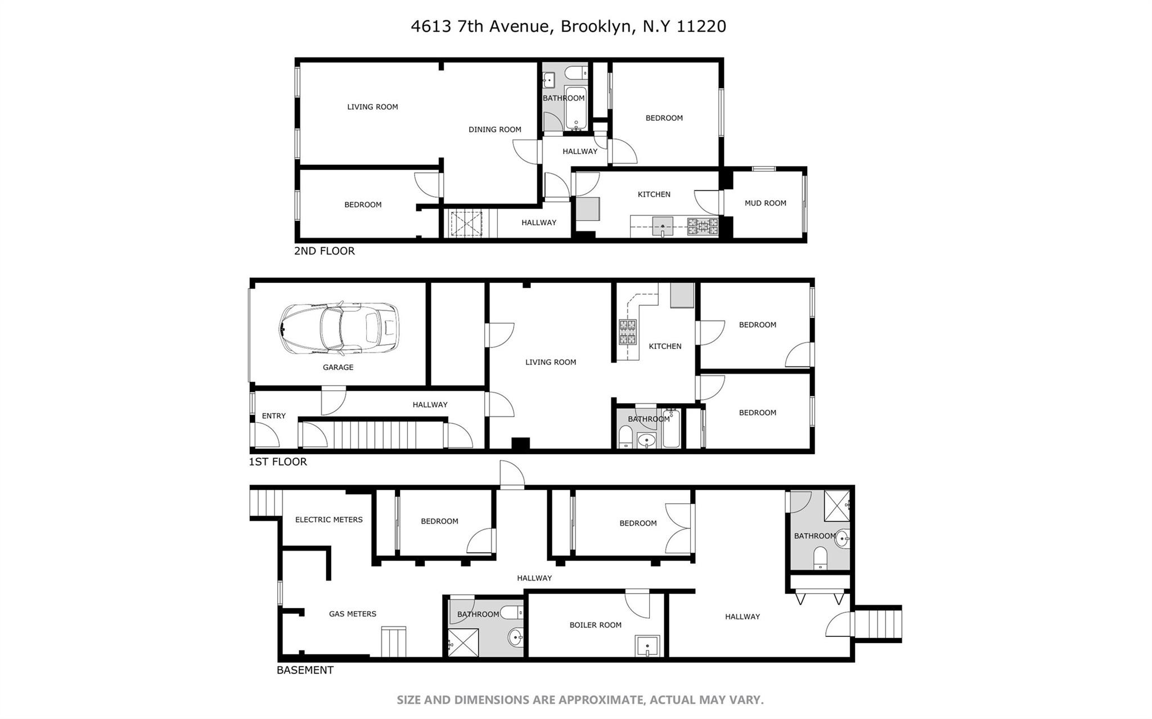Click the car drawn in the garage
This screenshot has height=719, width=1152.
pyautogui.click(x=339, y=329)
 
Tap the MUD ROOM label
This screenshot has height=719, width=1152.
pyautogui.click(x=765, y=203)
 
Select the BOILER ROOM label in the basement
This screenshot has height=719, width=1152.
pyautogui.click(x=595, y=625)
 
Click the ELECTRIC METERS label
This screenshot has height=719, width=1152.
pyautogui.click(x=328, y=519)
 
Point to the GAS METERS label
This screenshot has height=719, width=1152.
pyautogui.click(x=352, y=614)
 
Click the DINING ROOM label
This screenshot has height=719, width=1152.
pyautogui.click(x=494, y=129)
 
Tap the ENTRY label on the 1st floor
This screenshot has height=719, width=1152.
pyautogui.click(x=274, y=416)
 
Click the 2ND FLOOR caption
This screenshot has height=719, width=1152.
pyautogui.click(x=324, y=251)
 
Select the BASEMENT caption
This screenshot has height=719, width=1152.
pyautogui.click(x=305, y=670)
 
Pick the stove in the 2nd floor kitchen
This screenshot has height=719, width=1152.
pyautogui.click(x=703, y=227)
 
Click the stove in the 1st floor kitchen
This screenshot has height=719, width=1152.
pyautogui.click(x=627, y=332)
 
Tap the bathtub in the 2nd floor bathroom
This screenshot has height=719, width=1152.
pyautogui.click(x=575, y=108)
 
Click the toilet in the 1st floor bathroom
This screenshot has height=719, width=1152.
pyautogui.click(x=625, y=438)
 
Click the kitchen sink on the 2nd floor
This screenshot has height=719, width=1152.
pyautogui.click(x=663, y=226)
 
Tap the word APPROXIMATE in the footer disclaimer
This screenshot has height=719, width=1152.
pyautogui.click(x=601, y=700)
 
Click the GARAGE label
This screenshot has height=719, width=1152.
pyautogui.click(x=338, y=367)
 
